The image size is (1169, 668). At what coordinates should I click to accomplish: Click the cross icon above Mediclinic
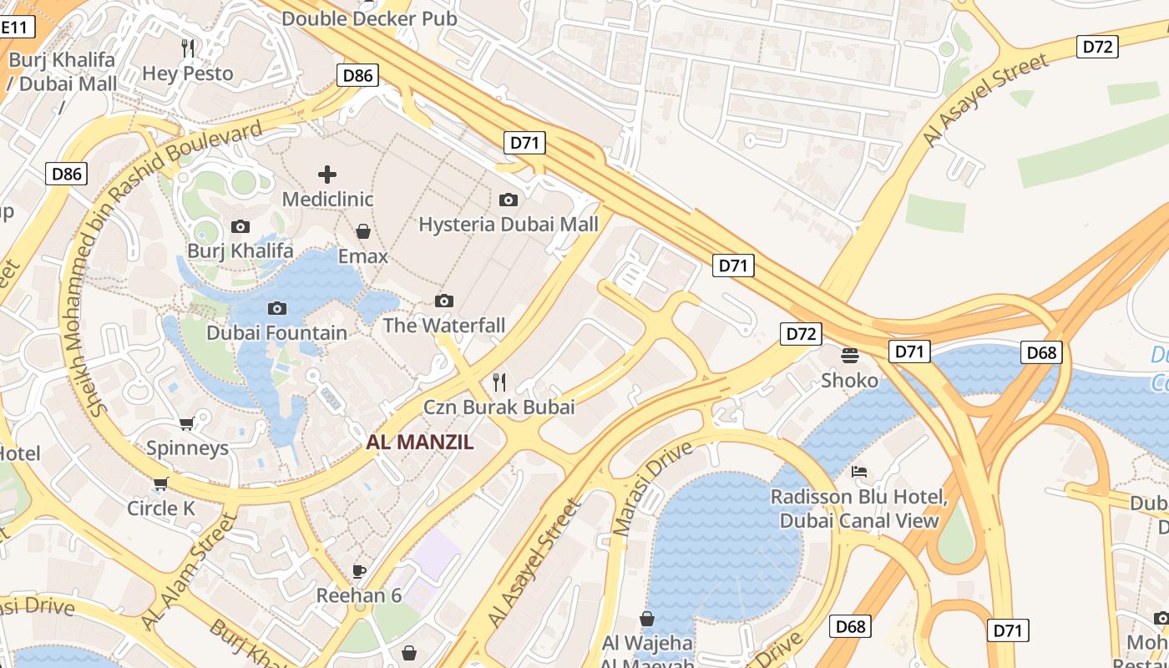[x=327, y=175]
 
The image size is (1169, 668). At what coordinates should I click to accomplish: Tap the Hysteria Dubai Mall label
[x=508, y=224]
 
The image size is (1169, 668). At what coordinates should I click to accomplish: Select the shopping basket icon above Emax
[x=363, y=231]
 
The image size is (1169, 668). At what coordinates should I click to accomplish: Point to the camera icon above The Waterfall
[x=444, y=301]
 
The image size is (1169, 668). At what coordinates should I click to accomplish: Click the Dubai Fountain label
[x=276, y=332]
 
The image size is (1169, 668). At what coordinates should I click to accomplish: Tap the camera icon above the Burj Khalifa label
[x=240, y=226]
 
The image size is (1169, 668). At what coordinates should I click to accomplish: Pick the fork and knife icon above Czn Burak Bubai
[x=499, y=382]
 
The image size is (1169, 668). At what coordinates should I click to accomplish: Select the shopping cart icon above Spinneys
[x=187, y=424]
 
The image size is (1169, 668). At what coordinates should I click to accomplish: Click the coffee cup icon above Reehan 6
[x=359, y=571]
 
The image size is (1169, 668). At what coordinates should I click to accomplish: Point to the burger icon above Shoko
[x=850, y=356]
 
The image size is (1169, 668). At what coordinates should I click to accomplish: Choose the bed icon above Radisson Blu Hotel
[x=858, y=472]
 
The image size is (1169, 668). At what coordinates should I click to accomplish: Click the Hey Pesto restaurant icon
[x=188, y=48]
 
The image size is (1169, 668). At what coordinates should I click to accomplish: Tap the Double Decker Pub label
[x=369, y=18]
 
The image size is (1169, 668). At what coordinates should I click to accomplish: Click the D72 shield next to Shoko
[x=801, y=334]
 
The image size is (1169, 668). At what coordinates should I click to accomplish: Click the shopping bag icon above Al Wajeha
[x=647, y=619]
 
